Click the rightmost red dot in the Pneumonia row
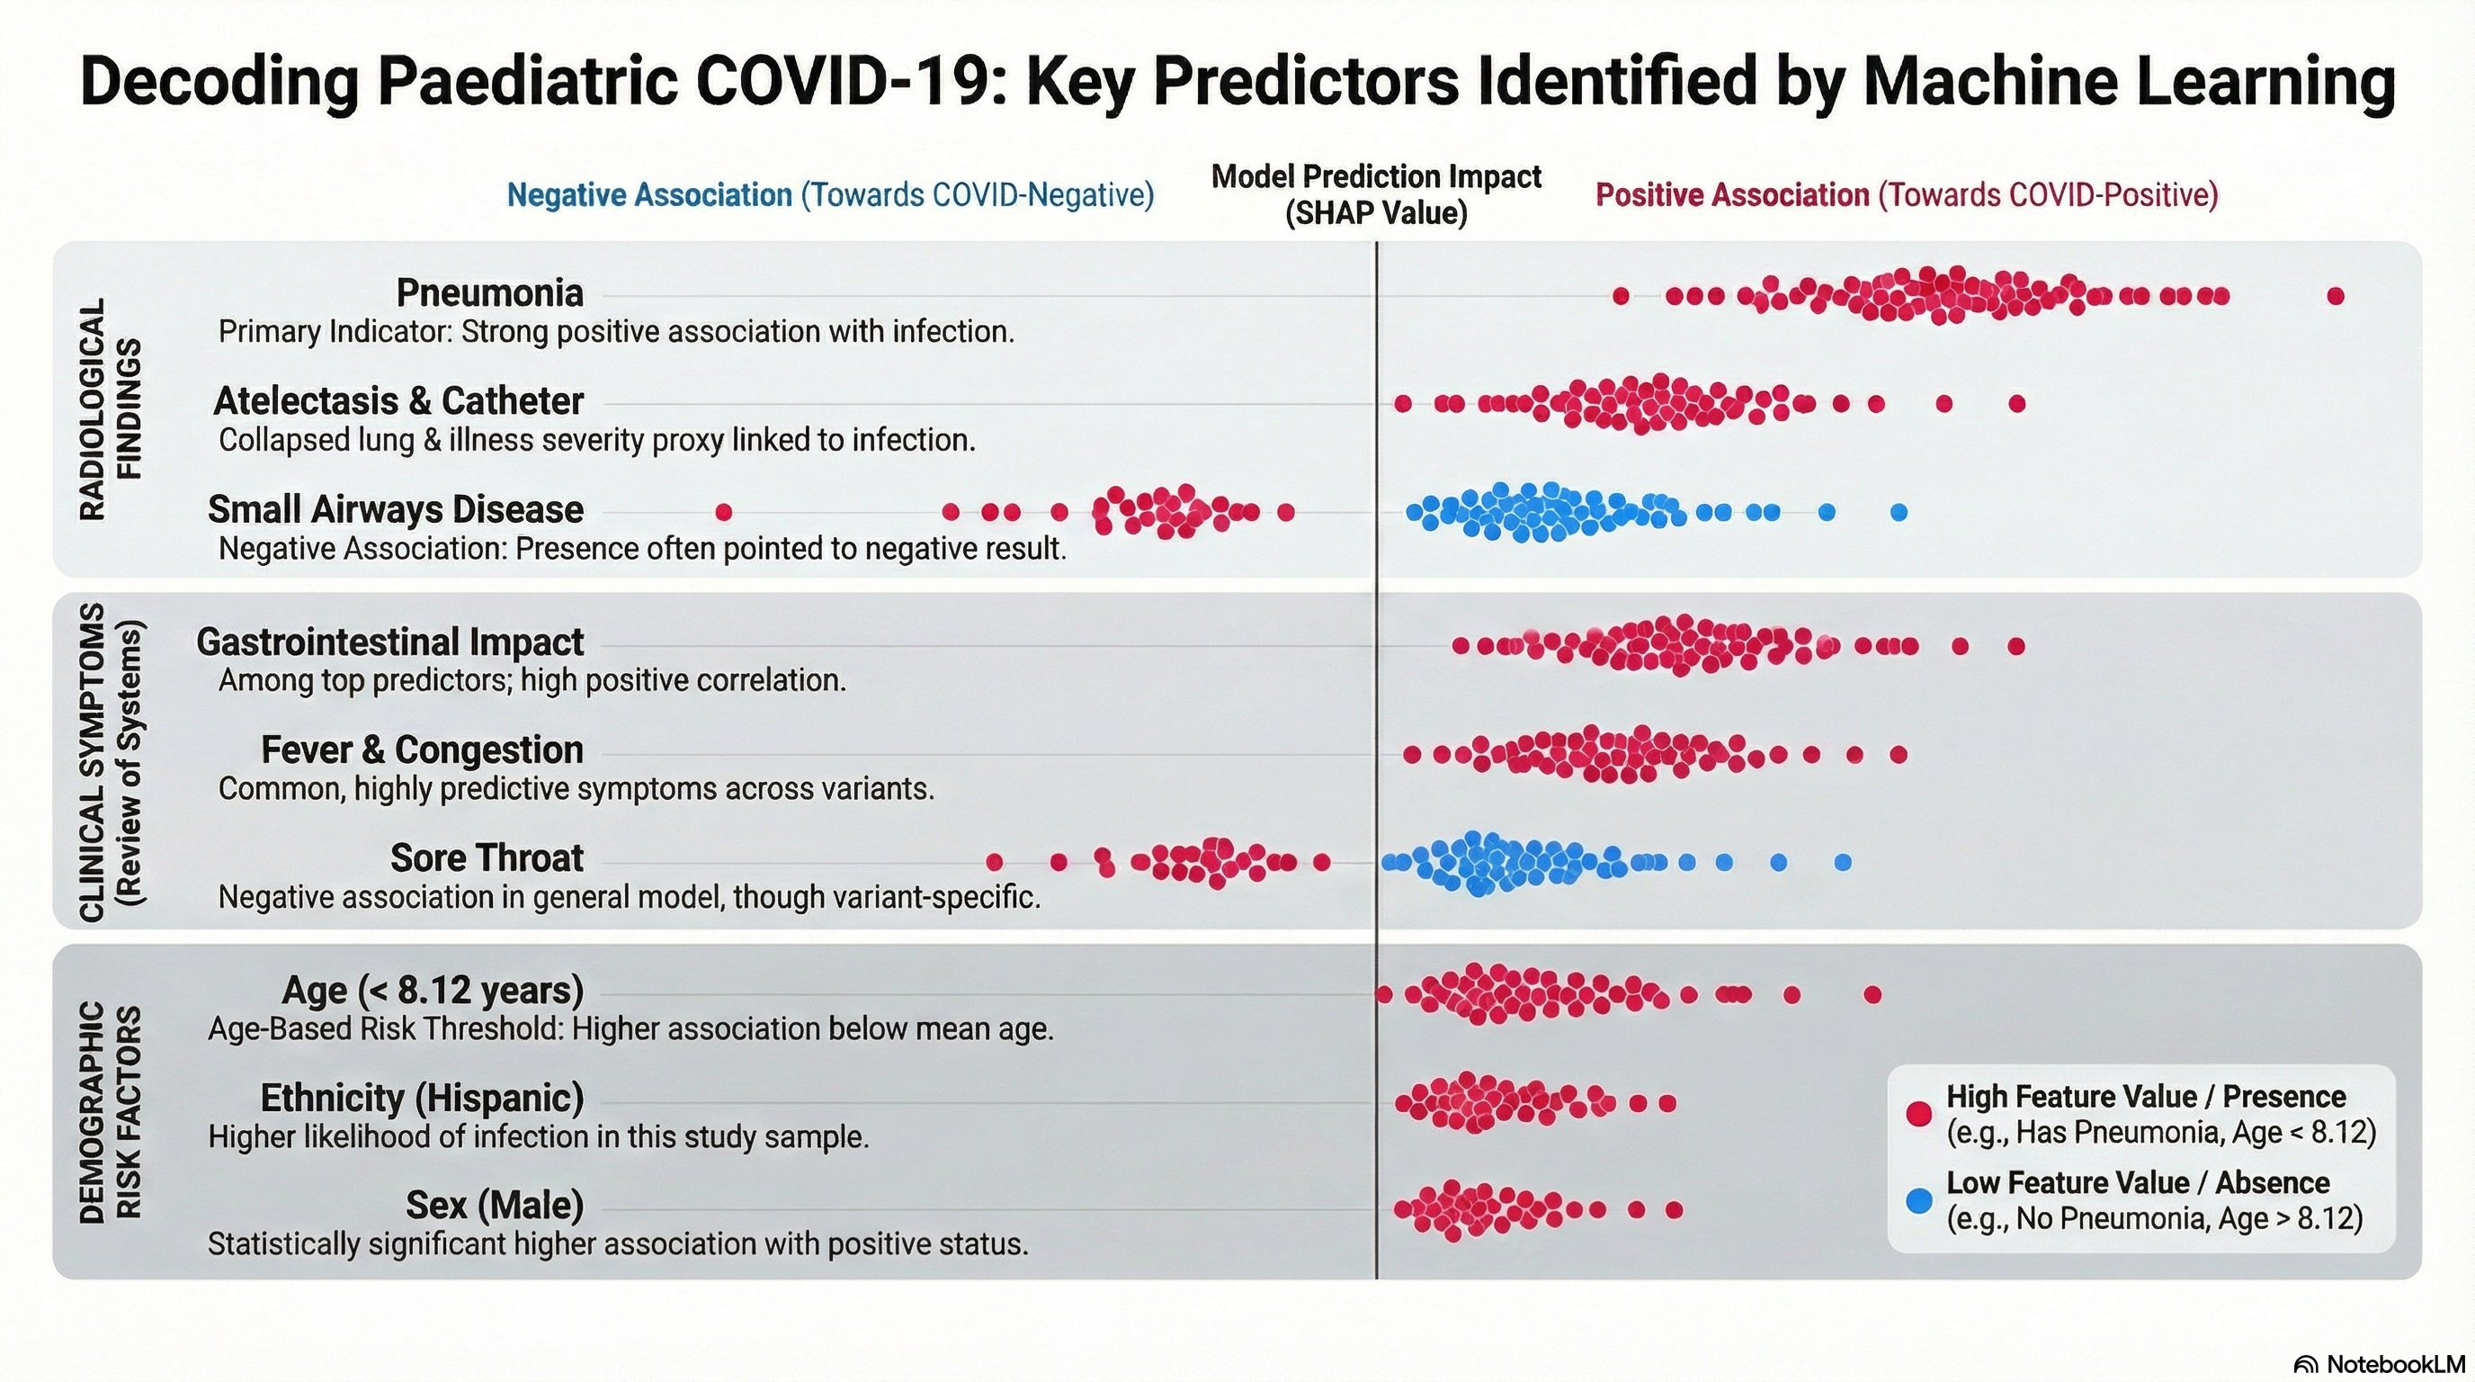click(x=2336, y=296)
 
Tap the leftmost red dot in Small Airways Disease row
click(x=723, y=512)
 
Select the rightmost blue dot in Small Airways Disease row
click(x=1899, y=512)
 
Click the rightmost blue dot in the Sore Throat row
click(x=1843, y=862)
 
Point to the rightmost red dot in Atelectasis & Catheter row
click(x=2017, y=404)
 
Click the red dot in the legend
click(x=1918, y=1114)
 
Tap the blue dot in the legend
click(x=1918, y=1200)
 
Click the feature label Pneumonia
click(x=489, y=293)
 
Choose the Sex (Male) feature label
click(x=494, y=1205)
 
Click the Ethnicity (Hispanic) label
click(x=422, y=1098)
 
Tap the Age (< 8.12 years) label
click(x=433, y=990)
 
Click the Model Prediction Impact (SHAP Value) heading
click(x=1376, y=194)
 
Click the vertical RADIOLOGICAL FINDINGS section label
click(x=110, y=408)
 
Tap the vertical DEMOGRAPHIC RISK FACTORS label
click(x=110, y=1112)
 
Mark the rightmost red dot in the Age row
click(x=1872, y=995)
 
